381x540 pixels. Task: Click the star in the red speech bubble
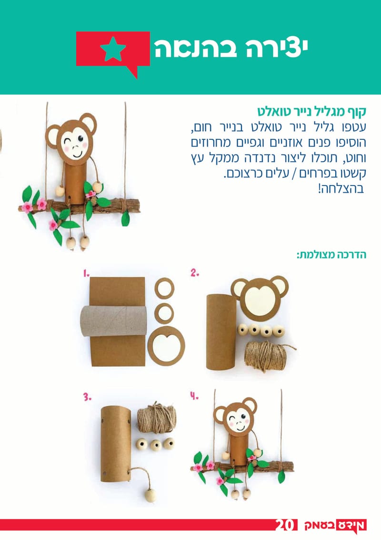pyautogui.click(x=113, y=49)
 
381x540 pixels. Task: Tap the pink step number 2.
pyautogui.click(x=194, y=273)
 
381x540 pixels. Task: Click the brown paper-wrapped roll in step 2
pyautogui.click(x=220, y=332)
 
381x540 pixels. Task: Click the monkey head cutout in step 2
pyautogui.click(x=260, y=296)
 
